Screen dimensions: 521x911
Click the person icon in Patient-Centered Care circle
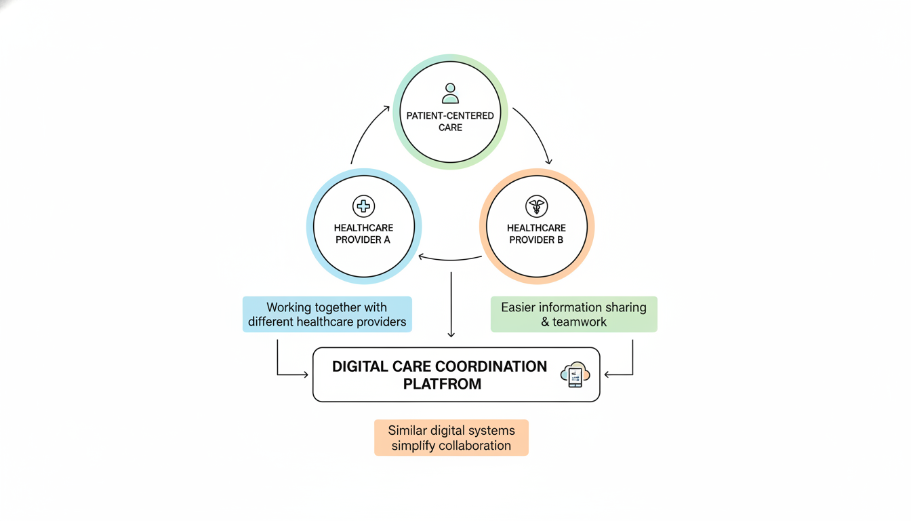450,93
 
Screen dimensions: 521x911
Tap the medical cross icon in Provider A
364,206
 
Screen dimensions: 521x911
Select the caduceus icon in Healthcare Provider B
536,206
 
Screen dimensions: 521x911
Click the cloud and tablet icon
575,374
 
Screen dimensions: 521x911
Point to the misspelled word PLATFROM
442,384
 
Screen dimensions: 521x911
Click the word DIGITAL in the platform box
360,366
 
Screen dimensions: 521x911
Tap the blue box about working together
327,314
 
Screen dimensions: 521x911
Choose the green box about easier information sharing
573,314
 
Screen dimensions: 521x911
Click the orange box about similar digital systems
451,438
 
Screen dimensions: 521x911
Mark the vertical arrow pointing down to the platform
451,305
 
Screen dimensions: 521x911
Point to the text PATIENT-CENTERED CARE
450,121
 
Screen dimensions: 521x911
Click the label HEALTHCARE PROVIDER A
363,234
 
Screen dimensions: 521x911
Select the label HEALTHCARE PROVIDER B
536,234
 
